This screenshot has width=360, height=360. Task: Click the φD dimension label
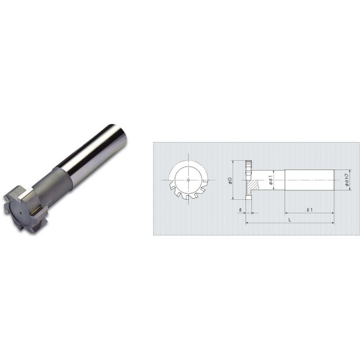point(230,180)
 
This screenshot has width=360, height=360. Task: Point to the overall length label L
point(290,219)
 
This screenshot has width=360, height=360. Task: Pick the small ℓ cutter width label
point(242,209)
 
